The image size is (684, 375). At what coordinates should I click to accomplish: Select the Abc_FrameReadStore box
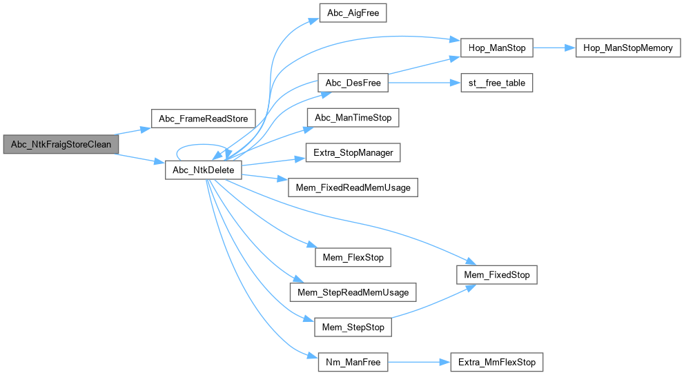203,119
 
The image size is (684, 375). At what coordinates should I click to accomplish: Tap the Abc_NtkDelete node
203,170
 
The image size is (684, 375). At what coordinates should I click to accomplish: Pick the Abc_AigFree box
349,14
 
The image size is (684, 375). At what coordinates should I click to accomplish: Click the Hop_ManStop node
497,48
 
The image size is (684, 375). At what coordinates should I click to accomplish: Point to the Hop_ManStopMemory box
628,48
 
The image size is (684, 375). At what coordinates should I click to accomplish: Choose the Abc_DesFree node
353,83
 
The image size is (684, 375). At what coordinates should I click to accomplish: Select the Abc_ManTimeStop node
353,118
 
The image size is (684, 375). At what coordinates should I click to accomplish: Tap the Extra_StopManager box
353,152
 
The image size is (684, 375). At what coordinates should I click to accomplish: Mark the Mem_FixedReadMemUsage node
353,187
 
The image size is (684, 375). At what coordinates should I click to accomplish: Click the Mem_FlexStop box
353,258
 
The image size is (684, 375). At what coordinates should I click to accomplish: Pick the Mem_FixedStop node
497,275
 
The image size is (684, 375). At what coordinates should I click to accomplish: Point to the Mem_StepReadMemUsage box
353,292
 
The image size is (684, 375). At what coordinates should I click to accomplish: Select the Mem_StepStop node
353,327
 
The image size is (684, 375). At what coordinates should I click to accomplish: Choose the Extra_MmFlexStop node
497,361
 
